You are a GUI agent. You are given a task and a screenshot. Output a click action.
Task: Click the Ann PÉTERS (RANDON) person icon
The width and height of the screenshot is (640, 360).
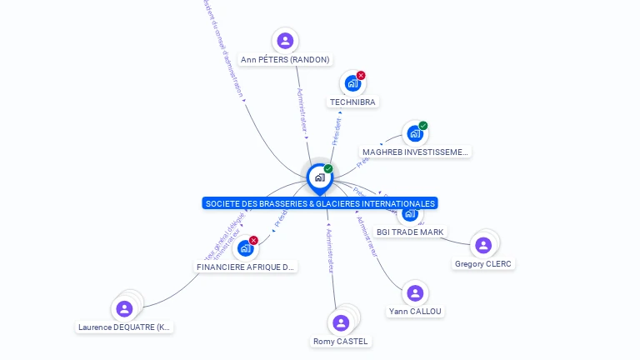click(x=285, y=41)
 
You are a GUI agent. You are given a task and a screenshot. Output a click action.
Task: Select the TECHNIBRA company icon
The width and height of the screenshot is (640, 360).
click(x=352, y=83)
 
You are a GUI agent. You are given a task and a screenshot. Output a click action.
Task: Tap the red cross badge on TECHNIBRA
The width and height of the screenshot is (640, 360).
click(x=361, y=76)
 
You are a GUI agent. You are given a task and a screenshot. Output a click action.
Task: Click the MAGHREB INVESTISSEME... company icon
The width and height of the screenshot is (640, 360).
click(x=414, y=133)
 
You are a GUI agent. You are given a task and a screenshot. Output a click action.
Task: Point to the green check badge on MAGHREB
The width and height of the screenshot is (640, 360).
click(x=423, y=126)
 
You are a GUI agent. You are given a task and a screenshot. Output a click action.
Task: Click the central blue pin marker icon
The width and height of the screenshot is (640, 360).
click(x=319, y=177)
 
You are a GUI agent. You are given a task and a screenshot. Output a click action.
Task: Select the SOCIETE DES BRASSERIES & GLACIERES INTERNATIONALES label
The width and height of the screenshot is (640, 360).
click(x=319, y=203)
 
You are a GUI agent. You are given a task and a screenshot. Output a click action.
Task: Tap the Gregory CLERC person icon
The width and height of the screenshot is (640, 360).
click(x=483, y=245)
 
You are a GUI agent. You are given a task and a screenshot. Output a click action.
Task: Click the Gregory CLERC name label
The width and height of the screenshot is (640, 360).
click(x=483, y=263)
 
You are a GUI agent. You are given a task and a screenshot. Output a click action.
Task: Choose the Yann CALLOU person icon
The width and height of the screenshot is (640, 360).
click(x=415, y=293)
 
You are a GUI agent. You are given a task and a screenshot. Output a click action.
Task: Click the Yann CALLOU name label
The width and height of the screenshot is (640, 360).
click(x=415, y=312)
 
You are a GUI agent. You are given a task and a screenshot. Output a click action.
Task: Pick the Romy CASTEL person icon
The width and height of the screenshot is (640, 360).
click(x=341, y=322)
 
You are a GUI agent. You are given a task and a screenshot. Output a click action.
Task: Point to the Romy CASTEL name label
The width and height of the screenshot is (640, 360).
click(x=340, y=341)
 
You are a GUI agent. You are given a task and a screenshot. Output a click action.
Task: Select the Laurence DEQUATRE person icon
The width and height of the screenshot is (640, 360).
click(x=125, y=309)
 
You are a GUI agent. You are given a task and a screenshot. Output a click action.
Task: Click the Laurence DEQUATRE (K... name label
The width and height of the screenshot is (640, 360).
click(x=125, y=327)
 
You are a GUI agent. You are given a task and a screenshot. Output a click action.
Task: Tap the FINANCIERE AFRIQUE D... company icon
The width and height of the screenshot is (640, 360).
click(x=245, y=248)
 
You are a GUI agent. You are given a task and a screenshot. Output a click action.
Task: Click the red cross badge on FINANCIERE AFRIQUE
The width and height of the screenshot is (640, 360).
click(x=253, y=241)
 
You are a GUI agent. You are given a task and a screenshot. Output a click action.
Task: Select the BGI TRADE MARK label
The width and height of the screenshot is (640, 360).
click(x=410, y=232)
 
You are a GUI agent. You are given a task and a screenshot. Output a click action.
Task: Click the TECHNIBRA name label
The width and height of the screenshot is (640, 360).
click(x=352, y=102)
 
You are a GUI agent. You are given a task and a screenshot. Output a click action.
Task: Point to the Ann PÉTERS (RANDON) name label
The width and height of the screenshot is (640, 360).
click(x=285, y=59)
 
